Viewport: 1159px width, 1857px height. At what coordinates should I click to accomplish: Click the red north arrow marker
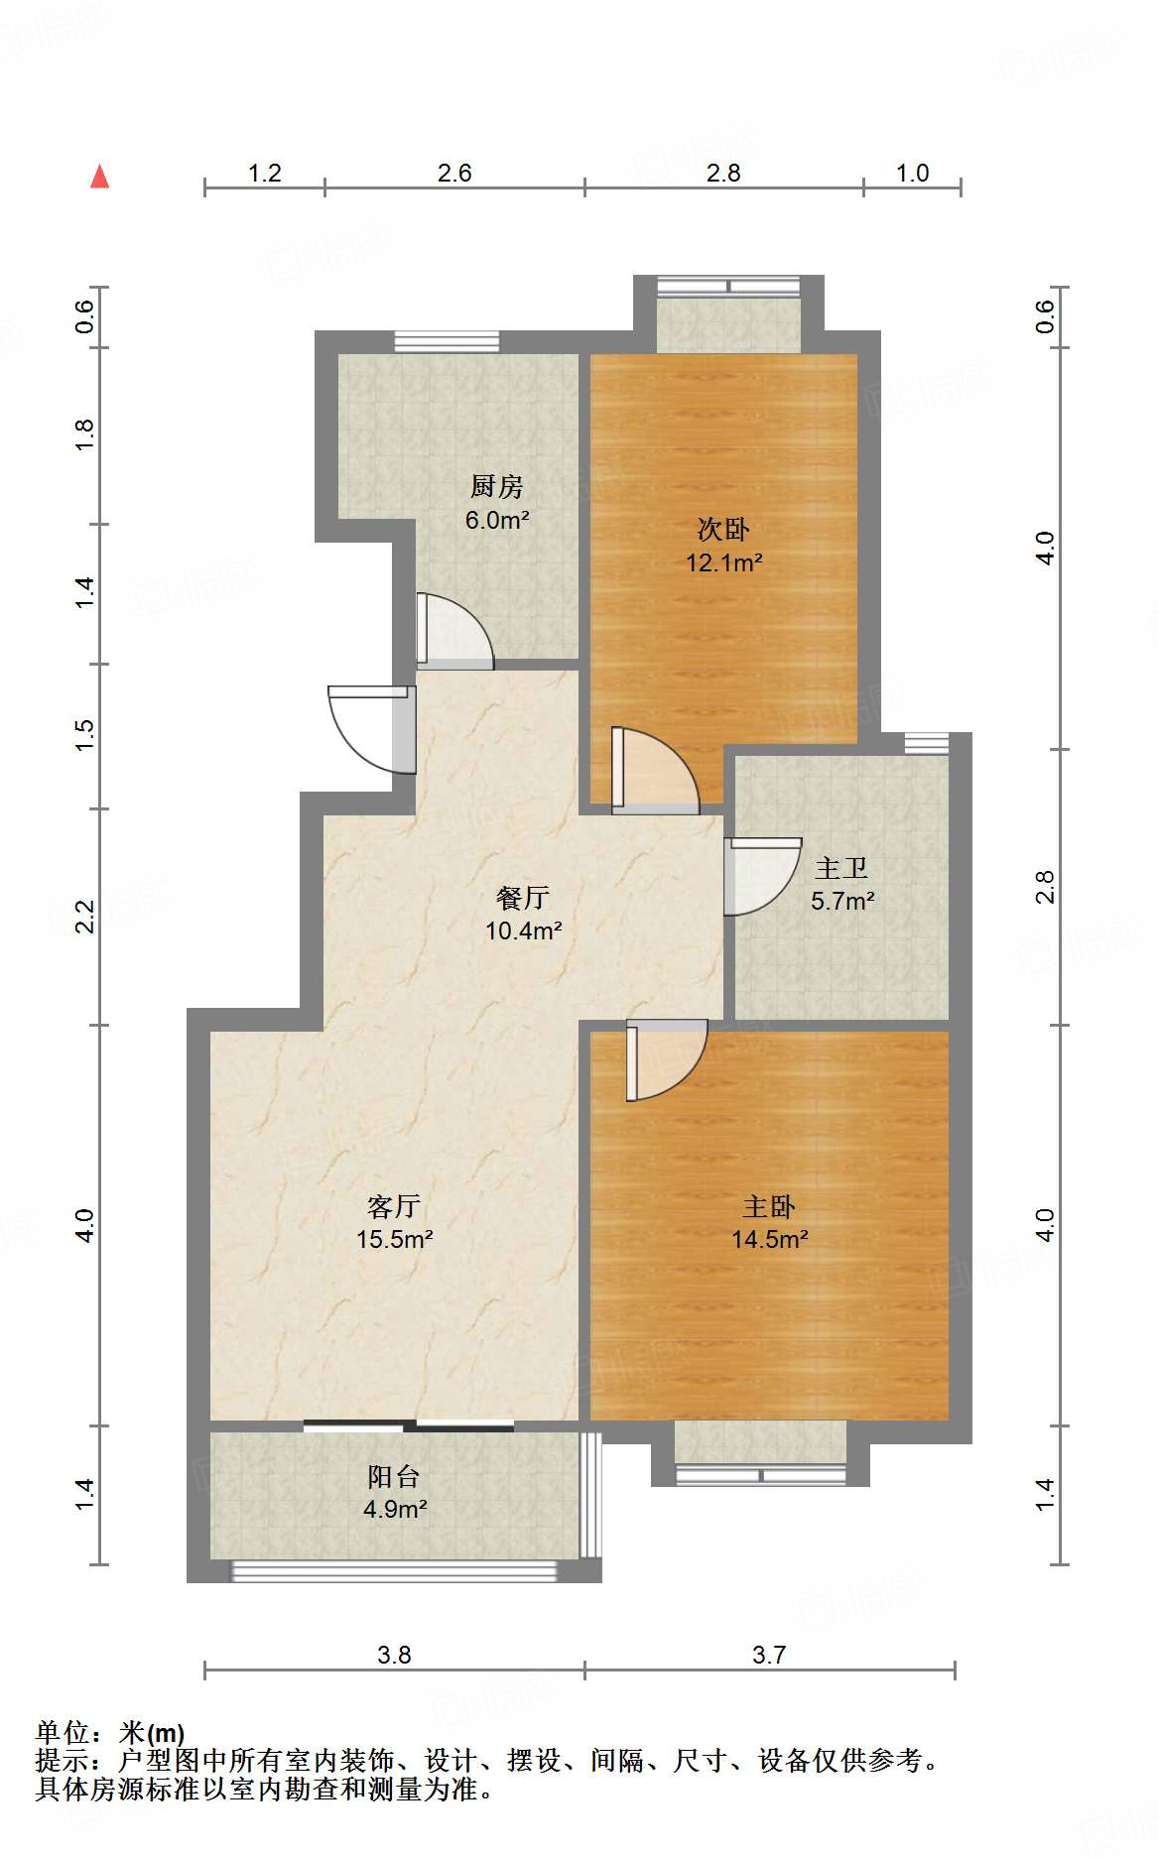tap(99, 177)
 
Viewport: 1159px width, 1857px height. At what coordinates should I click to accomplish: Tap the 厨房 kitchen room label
tap(496, 486)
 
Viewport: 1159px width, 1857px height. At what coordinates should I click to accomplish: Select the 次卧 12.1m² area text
tap(724, 562)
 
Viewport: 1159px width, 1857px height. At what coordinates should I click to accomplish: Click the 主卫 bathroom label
tap(841, 868)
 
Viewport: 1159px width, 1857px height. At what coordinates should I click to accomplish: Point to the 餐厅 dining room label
tap(523, 898)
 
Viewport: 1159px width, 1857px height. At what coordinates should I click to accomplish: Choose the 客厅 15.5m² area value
tap(395, 1239)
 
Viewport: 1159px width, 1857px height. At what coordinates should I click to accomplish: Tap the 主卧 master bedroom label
tap(769, 1206)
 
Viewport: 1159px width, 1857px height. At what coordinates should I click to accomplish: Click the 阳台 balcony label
tap(394, 1476)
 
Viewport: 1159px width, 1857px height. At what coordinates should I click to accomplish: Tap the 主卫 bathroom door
tap(762, 876)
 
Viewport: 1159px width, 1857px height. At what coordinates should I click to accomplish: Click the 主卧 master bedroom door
tap(666, 1060)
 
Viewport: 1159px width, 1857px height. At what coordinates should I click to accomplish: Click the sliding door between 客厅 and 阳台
tap(408, 1426)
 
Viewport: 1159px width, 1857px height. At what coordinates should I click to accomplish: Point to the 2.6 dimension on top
tap(454, 174)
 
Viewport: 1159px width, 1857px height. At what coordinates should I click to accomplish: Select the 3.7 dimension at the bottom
tap(769, 1655)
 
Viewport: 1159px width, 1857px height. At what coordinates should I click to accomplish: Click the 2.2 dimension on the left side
tap(85, 916)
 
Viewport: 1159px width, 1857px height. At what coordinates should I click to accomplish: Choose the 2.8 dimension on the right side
tap(1045, 887)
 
